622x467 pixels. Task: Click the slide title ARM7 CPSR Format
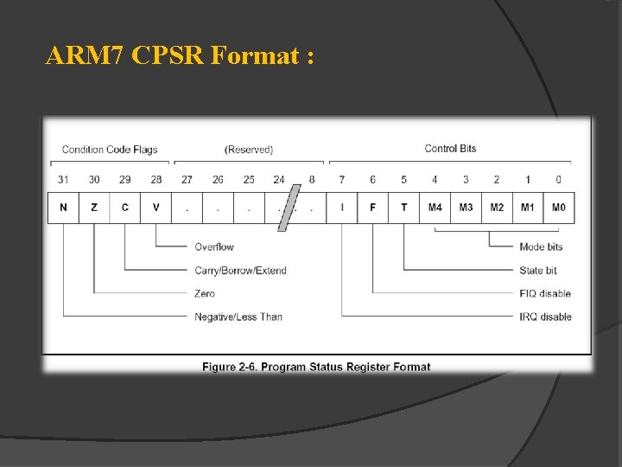[x=180, y=56]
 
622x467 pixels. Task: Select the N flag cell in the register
[x=63, y=208]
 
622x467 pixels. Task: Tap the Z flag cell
[x=94, y=208]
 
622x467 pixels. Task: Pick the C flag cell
[x=125, y=208]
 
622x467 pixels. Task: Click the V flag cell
[x=156, y=208]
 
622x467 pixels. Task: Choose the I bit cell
[x=342, y=208]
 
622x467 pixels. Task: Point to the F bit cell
[x=373, y=208]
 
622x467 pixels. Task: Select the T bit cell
[x=404, y=208]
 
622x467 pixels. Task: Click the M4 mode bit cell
[x=435, y=208]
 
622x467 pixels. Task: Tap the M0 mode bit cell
[x=558, y=208]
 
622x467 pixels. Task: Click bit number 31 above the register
[x=63, y=180]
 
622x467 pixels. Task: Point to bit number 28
[x=156, y=180]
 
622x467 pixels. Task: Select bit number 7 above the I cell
[x=342, y=180]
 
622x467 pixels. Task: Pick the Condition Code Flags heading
[x=110, y=150]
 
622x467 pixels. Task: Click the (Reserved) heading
[x=249, y=150]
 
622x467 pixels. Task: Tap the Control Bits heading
[x=450, y=149]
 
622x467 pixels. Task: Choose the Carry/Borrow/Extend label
[x=240, y=271]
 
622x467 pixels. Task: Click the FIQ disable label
[x=545, y=293]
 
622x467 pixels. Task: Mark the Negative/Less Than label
[x=238, y=317]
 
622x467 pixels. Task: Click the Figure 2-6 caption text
[x=316, y=367]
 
